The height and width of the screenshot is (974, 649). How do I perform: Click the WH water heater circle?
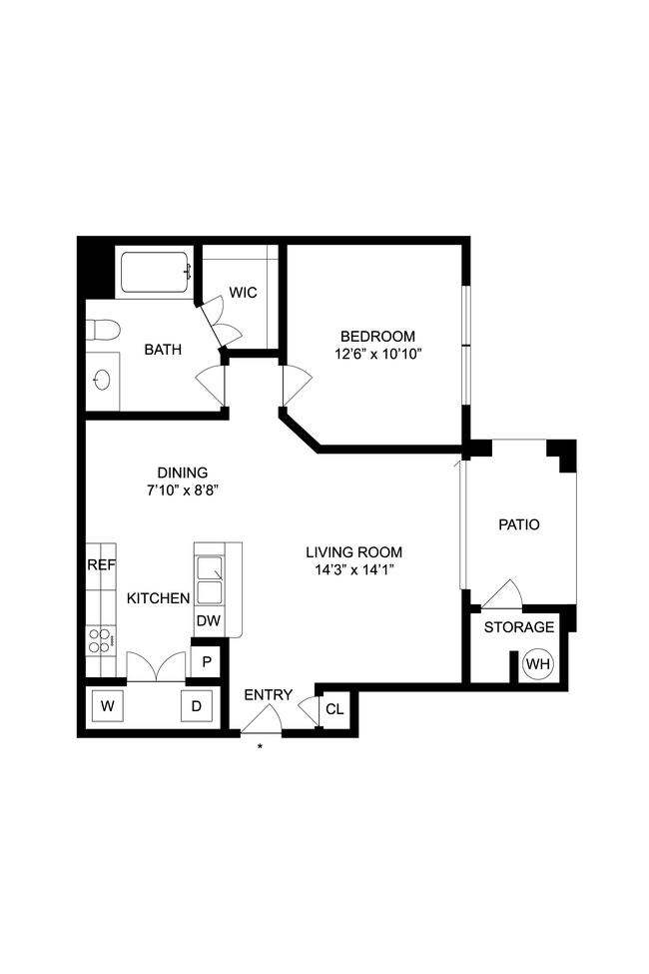point(538,664)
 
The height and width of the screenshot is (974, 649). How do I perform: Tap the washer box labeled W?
point(108,706)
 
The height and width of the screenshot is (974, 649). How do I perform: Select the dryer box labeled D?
point(196,706)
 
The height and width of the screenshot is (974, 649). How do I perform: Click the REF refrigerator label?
point(101,564)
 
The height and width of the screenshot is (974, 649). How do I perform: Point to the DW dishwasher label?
point(208,621)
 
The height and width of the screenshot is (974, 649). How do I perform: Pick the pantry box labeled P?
point(206,661)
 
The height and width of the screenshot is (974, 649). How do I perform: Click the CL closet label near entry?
point(334,709)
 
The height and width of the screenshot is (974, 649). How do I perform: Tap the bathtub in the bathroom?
point(155,272)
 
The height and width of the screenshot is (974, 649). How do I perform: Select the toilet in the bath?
point(103,329)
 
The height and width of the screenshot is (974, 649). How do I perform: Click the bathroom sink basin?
point(102,380)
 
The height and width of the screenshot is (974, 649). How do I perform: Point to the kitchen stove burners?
point(100,639)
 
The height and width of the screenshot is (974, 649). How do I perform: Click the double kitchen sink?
point(211,580)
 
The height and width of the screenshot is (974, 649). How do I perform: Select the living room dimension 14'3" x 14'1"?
point(353,570)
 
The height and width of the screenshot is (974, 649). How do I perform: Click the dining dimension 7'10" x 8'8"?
point(182,490)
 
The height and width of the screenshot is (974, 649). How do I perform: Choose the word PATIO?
point(518,523)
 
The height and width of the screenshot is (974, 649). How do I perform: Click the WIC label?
point(243,293)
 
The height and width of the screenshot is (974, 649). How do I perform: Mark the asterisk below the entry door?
point(261,746)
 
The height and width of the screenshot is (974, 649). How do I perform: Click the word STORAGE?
point(518,627)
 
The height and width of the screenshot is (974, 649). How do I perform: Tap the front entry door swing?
point(263,719)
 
